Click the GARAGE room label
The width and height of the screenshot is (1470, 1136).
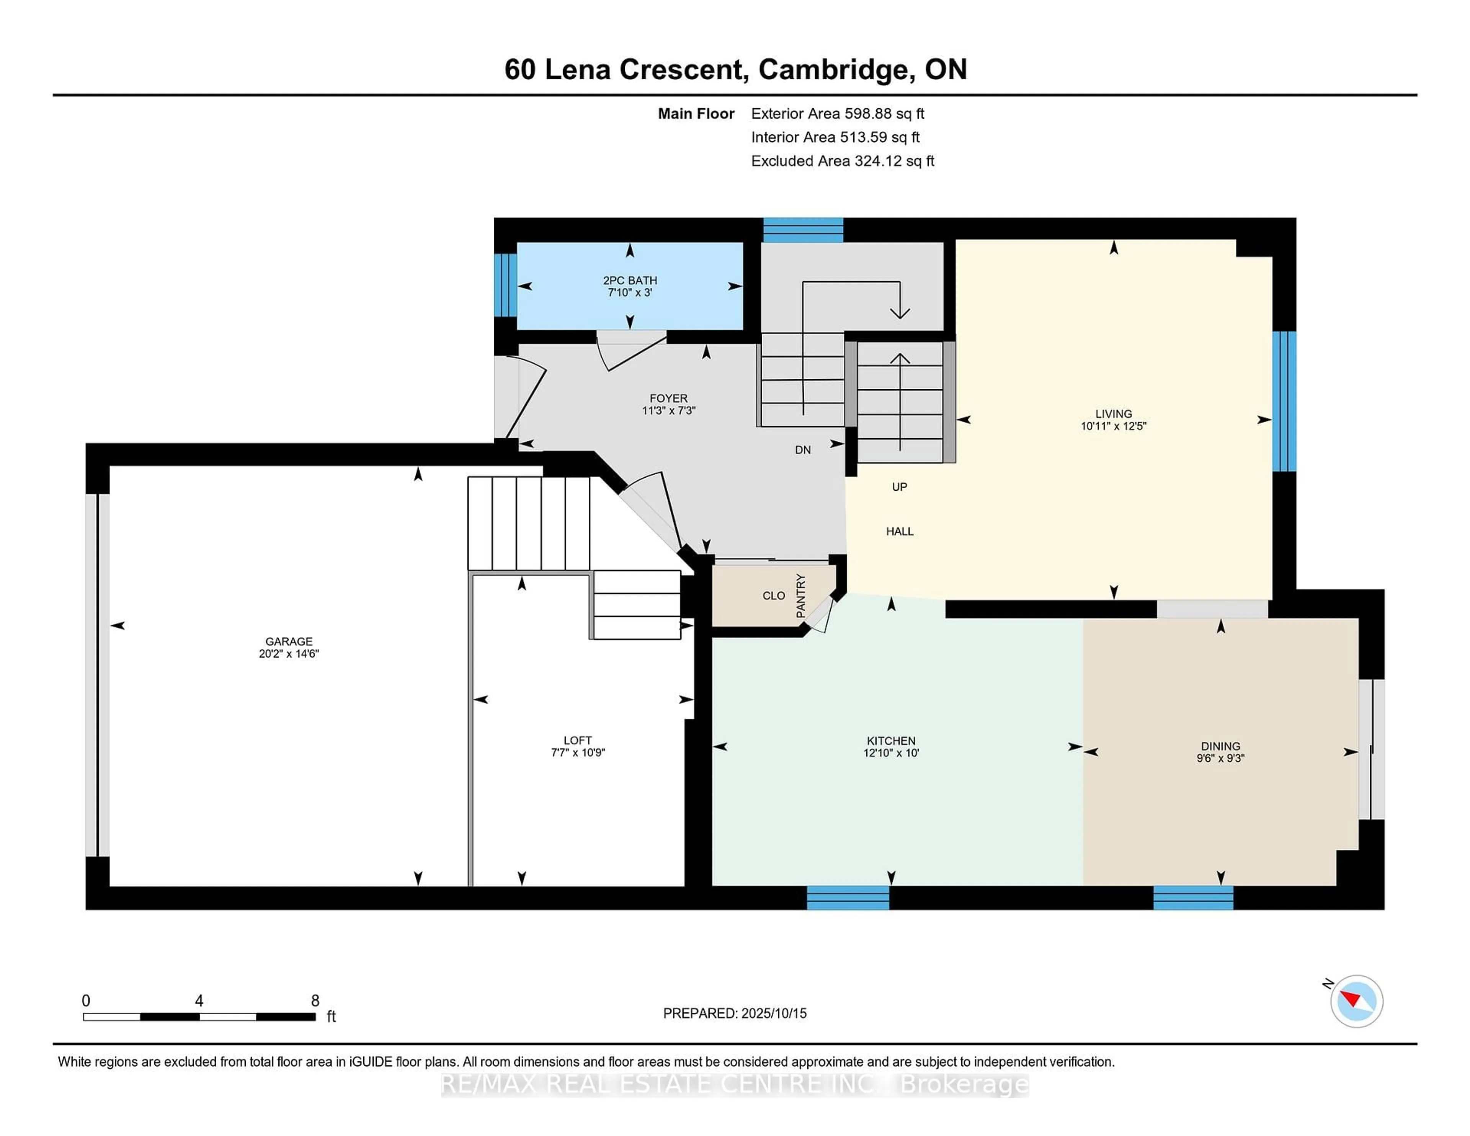(289, 641)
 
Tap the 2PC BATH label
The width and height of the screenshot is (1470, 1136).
(630, 280)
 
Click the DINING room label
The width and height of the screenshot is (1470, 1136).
(1220, 746)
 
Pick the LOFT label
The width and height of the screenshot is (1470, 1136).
(578, 740)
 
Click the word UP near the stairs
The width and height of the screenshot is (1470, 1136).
(899, 486)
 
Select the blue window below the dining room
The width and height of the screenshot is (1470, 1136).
(1193, 898)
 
